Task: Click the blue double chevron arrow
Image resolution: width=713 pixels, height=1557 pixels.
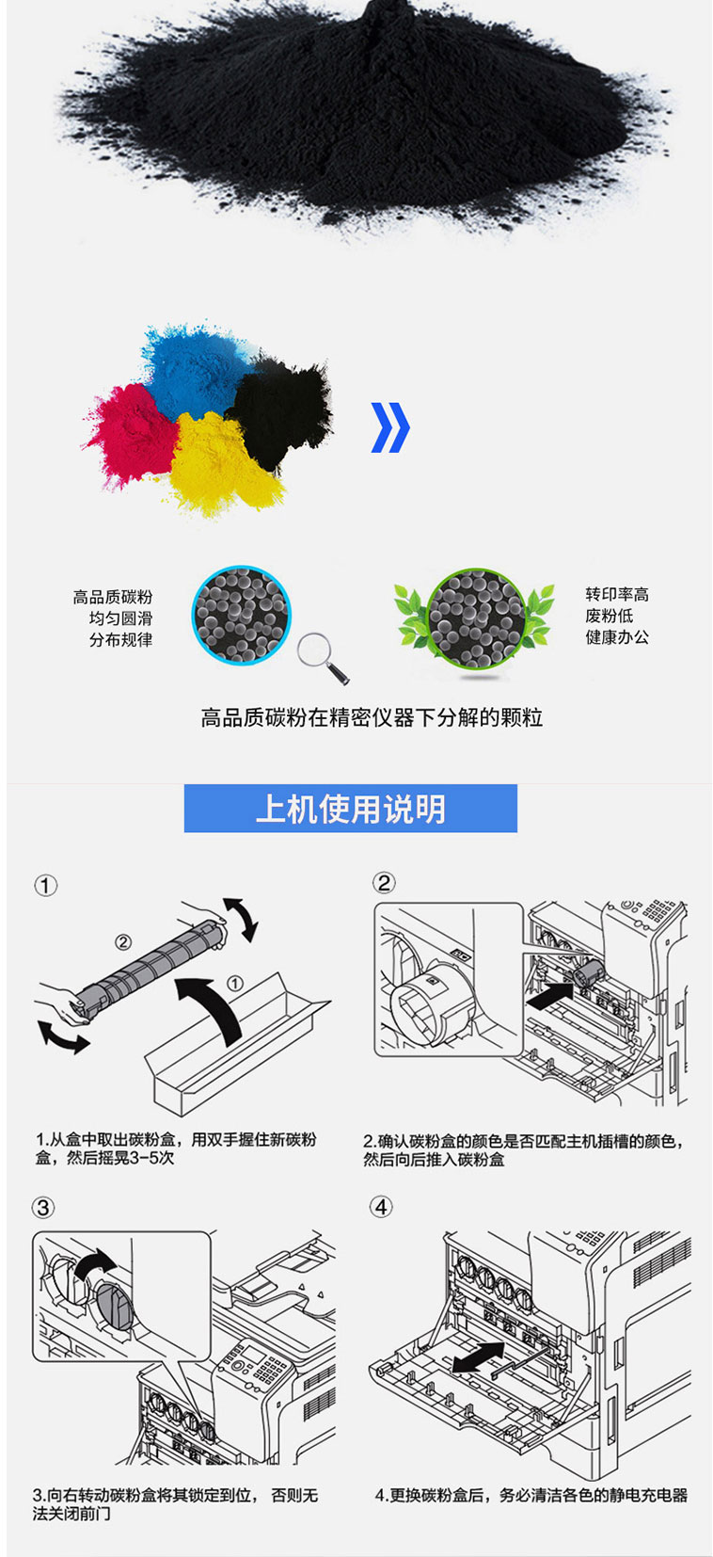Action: [x=390, y=427]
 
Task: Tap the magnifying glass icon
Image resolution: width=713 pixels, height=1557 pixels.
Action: [x=323, y=658]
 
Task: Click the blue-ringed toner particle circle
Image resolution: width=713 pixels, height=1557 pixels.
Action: [x=241, y=615]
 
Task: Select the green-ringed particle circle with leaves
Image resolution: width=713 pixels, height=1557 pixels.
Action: [x=475, y=618]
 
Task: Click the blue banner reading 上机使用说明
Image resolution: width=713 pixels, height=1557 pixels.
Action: [x=351, y=809]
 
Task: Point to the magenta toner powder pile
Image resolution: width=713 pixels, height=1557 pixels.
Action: [x=132, y=434]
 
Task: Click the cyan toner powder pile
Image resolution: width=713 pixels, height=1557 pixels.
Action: [x=197, y=367]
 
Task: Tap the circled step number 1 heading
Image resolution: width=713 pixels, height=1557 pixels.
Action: [x=46, y=886]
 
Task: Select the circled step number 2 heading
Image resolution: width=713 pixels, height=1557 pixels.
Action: [x=384, y=883]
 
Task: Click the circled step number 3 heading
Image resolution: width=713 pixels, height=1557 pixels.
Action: [x=43, y=1208]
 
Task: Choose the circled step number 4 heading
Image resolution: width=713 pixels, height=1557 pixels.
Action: [x=381, y=1206]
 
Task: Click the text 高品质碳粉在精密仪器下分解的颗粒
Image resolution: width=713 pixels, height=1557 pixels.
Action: [x=372, y=717]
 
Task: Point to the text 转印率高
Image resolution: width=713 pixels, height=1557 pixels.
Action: [x=616, y=594]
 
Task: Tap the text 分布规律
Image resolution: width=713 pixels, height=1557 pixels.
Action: [x=120, y=639]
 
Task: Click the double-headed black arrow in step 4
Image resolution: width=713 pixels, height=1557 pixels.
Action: [x=479, y=1356]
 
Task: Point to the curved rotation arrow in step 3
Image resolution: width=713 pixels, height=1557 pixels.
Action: [x=95, y=1263]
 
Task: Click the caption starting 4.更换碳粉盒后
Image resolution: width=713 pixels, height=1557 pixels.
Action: [x=531, y=1495]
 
